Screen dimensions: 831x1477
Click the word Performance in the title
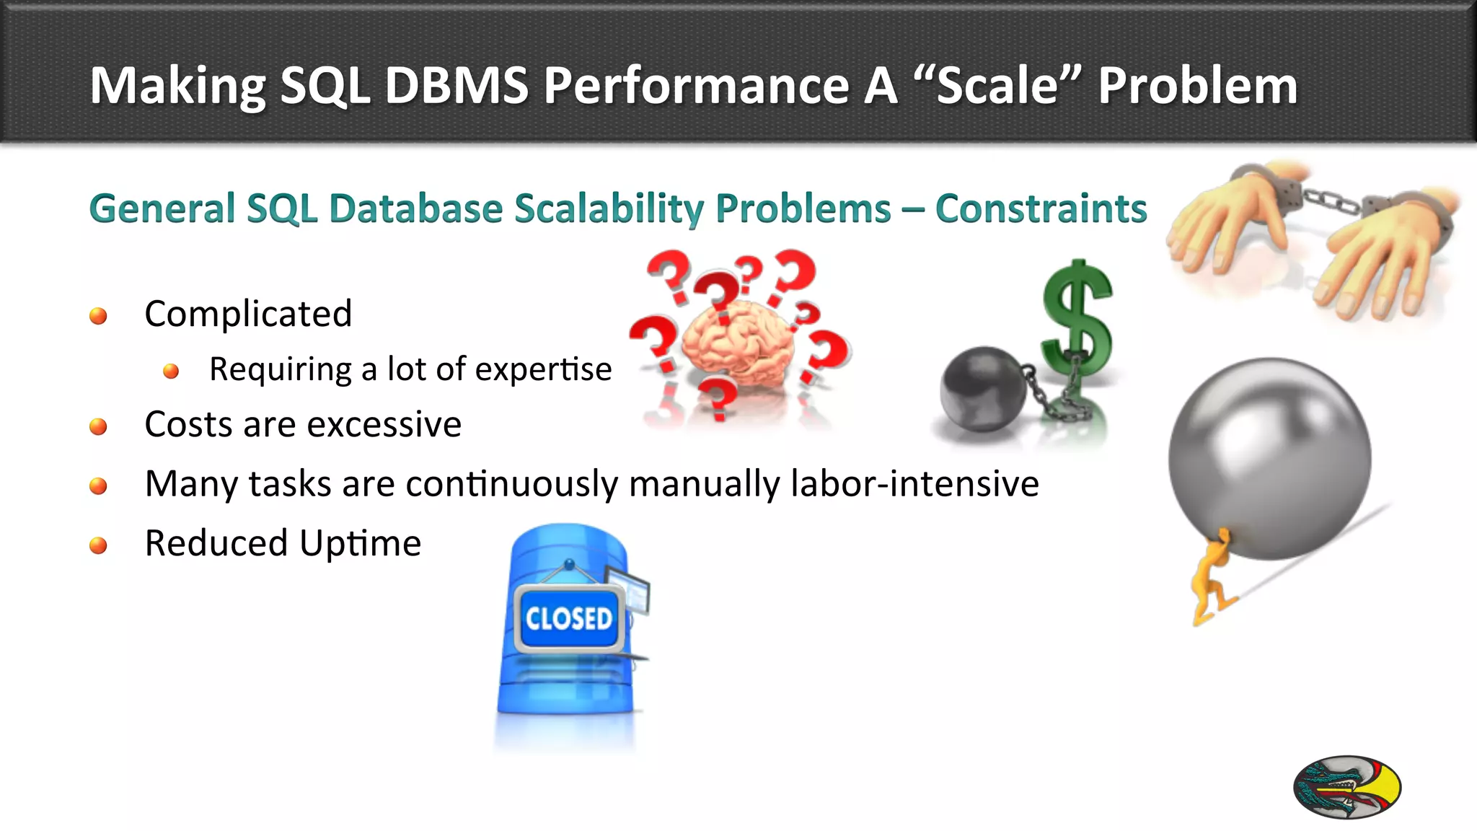[x=696, y=87]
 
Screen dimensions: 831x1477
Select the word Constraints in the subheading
[x=1041, y=209]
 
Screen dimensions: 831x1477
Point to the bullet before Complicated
[x=98, y=316]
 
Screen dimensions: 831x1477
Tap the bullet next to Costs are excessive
[x=98, y=426]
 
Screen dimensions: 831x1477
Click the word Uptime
[x=360, y=543]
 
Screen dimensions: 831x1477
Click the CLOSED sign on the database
[x=568, y=619]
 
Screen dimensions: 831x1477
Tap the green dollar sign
[x=1077, y=317]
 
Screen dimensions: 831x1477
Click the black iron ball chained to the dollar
[x=982, y=390]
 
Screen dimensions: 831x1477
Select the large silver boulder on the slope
[x=1269, y=458]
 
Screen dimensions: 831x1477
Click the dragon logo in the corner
[x=1346, y=787]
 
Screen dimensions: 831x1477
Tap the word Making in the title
[x=177, y=87]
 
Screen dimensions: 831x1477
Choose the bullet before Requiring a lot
[x=171, y=371]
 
